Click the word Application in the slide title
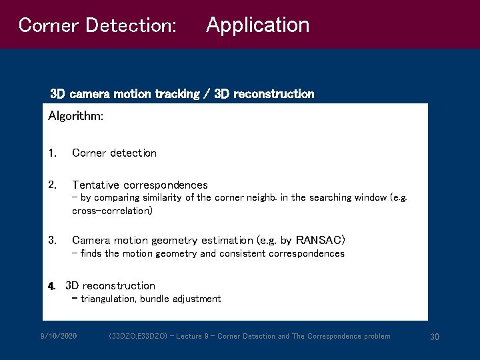click(x=257, y=25)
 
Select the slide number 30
click(x=435, y=337)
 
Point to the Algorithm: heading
click(x=75, y=116)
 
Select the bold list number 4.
click(x=51, y=286)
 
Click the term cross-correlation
click(x=112, y=211)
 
